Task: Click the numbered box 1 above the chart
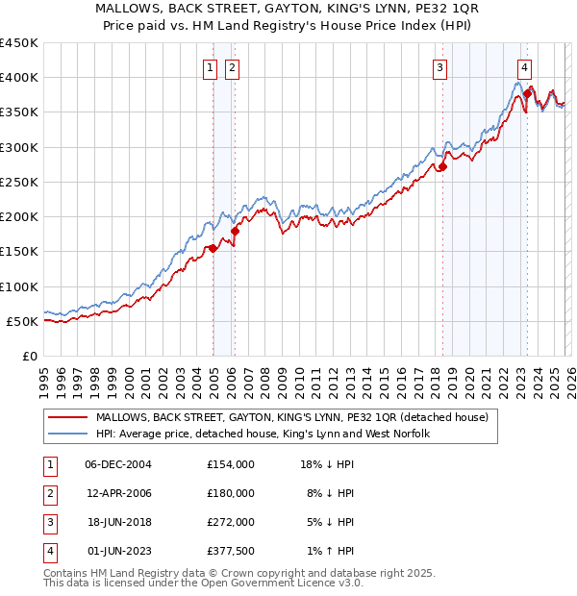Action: (210, 68)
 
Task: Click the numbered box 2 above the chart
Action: (233, 68)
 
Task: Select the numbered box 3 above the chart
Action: (439, 68)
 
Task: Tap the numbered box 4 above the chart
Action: (524, 68)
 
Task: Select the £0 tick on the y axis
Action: (30, 356)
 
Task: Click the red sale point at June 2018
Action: (443, 166)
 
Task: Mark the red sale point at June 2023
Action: (527, 93)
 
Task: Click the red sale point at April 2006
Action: (236, 231)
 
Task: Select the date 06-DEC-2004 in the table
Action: (118, 464)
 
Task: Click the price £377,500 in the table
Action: (230, 551)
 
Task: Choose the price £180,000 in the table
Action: (230, 493)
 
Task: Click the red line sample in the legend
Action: (68, 417)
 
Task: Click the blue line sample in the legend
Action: (68, 434)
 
